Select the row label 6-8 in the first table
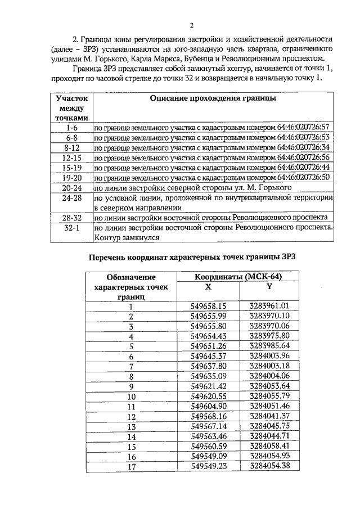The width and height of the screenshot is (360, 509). [x=71, y=138]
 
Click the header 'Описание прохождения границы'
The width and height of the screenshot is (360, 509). [x=213, y=98]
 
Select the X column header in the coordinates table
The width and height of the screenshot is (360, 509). [x=208, y=286]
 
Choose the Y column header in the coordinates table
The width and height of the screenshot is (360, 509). [x=269, y=286]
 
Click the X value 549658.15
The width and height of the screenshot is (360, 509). [x=208, y=306]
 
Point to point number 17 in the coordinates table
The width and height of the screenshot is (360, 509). [x=132, y=466]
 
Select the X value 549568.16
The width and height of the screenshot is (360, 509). [x=208, y=416]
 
